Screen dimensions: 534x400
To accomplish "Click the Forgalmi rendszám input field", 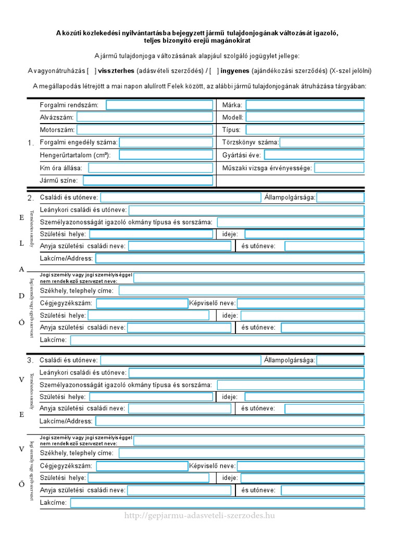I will point(159,105).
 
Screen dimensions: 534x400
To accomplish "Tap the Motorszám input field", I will point(145,130).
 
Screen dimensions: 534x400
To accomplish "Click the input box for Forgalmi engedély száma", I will point(166,142).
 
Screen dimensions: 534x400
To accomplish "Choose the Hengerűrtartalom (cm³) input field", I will point(166,155).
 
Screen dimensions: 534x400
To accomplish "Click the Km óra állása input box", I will point(151,168).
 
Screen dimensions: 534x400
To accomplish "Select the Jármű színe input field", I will point(148,180).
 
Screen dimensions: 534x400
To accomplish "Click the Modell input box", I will point(305,117).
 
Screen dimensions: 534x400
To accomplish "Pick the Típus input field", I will point(305,130).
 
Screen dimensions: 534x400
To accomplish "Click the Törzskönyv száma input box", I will point(322,142).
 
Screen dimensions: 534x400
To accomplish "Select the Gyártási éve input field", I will point(314,155).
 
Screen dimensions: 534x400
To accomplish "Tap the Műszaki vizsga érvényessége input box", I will point(339,168).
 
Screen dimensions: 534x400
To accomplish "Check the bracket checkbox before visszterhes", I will point(92,70).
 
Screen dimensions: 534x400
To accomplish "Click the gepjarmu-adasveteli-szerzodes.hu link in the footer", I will point(200,516).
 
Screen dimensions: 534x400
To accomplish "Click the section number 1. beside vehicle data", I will point(31,143).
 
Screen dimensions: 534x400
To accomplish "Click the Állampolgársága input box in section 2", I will point(340,198).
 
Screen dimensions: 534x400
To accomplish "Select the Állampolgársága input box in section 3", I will point(340,360).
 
